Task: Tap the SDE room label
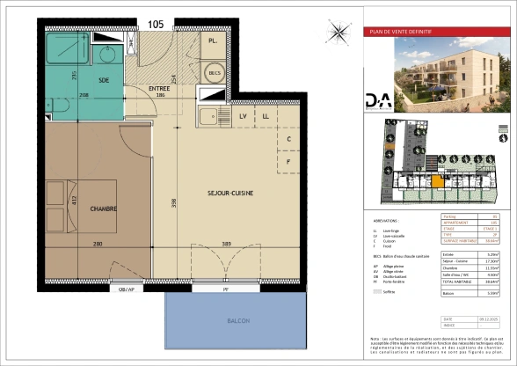(x=105, y=80)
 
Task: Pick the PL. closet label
(x=213, y=41)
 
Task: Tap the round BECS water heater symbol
(x=213, y=72)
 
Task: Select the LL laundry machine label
(x=266, y=115)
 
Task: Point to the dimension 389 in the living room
(x=226, y=244)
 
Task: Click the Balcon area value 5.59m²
(x=492, y=293)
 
